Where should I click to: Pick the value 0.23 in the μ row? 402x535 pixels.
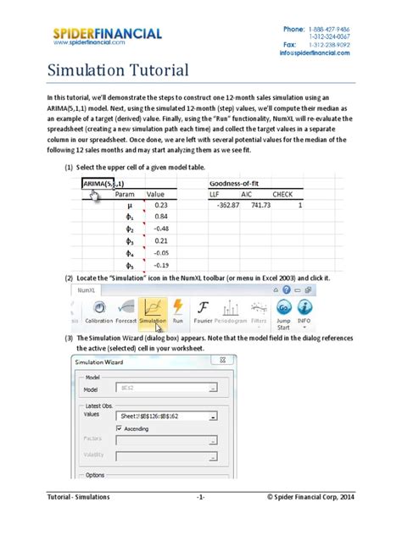(x=162, y=205)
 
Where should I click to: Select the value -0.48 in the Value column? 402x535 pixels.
(x=162, y=229)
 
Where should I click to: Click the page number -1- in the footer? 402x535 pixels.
(x=200, y=519)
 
